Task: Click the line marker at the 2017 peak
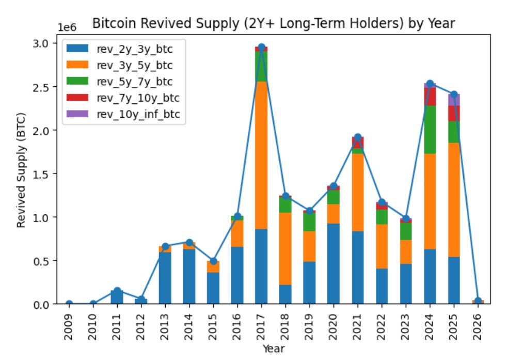(x=262, y=47)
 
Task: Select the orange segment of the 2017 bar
(x=261, y=155)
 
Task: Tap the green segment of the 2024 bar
(x=430, y=129)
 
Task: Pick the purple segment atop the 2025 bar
(x=454, y=100)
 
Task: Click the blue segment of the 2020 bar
(x=334, y=263)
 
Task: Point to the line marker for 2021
(x=358, y=137)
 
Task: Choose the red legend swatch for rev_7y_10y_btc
(x=77, y=97)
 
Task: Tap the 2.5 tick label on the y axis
(x=40, y=87)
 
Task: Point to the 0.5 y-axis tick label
(x=40, y=261)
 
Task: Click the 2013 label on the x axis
(x=165, y=326)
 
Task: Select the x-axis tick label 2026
(x=478, y=326)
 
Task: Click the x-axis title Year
(x=274, y=349)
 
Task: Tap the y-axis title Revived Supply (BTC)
(x=21, y=170)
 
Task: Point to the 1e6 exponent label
(x=67, y=27)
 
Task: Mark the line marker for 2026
(x=478, y=301)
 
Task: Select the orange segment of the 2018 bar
(x=285, y=249)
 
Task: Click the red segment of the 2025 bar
(x=454, y=113)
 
